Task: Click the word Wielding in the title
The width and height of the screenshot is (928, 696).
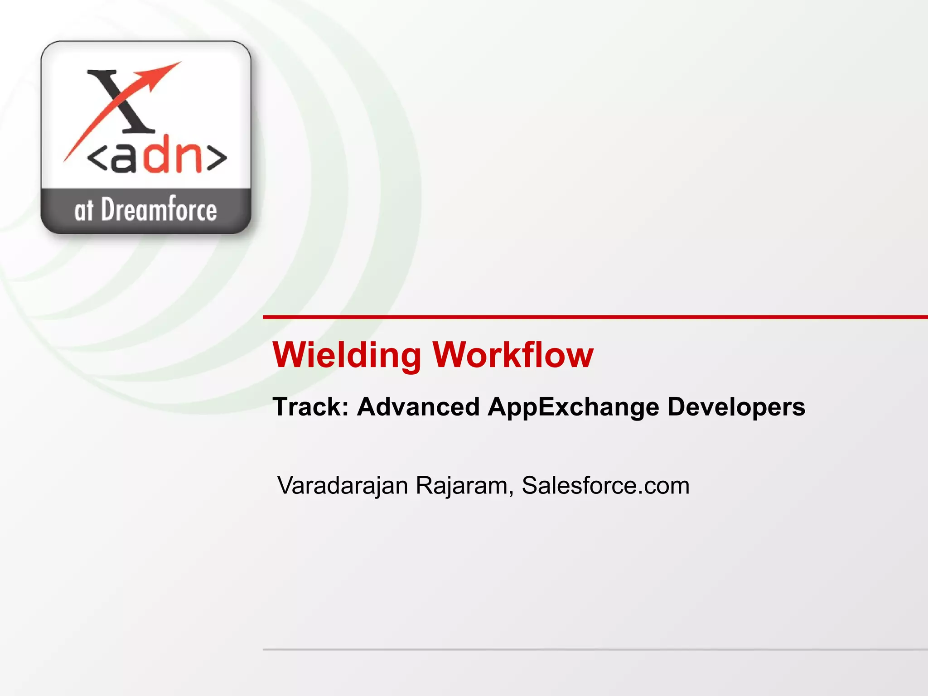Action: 347,355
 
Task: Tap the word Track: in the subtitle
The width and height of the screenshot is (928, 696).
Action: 310,406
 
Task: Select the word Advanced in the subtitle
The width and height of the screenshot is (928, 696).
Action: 418,406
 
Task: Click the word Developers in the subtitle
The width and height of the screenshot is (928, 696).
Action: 736,407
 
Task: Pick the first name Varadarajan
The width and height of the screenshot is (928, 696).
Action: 343,486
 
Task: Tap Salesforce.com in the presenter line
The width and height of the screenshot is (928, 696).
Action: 605,486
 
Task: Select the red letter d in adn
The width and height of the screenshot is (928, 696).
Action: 156,154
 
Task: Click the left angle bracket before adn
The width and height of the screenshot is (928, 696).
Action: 96,159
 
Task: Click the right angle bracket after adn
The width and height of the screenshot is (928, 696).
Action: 217,159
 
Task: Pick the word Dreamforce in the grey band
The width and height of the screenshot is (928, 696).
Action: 159,211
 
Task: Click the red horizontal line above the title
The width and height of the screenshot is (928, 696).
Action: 589,317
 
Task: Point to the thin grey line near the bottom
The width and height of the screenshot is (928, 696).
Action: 589,649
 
